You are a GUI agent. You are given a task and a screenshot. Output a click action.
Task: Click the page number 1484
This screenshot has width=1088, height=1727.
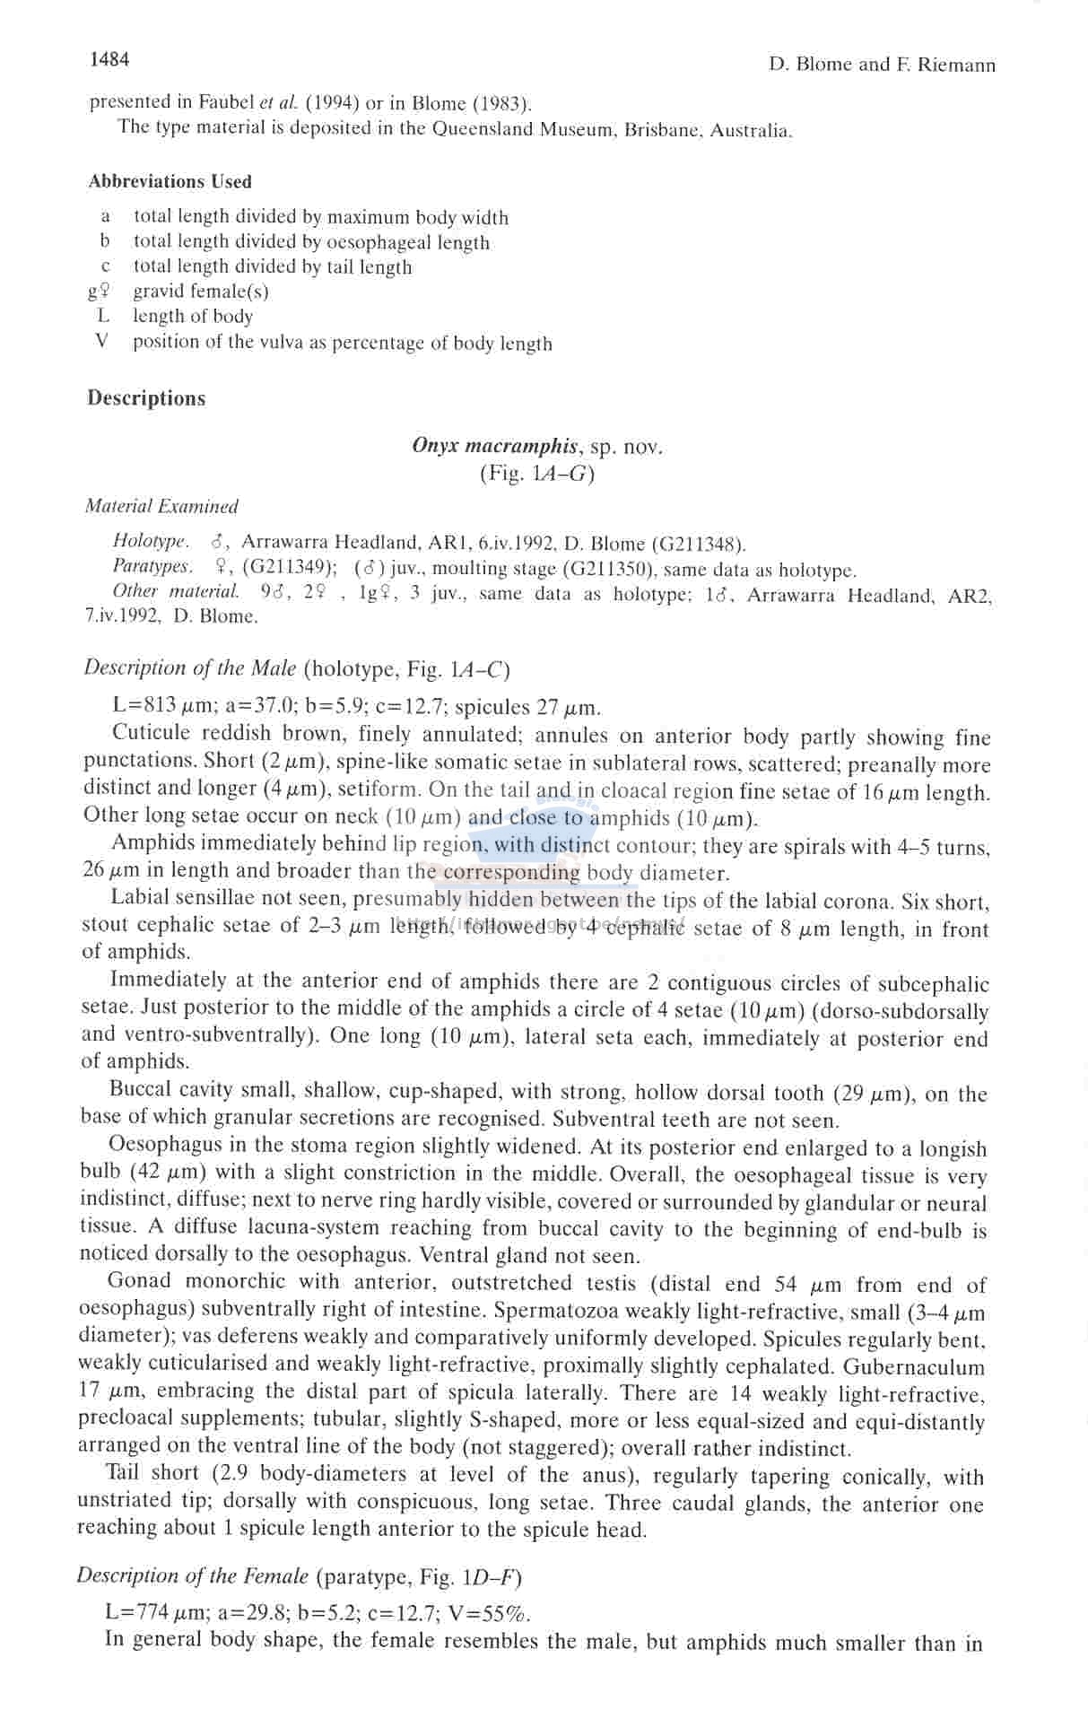109,59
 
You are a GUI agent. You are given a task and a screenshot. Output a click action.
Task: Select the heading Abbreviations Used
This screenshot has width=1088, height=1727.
170,181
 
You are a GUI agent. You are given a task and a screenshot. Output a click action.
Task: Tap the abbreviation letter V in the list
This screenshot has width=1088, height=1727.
102,341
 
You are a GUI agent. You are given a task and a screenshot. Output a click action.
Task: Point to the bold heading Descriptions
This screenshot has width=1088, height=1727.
146,398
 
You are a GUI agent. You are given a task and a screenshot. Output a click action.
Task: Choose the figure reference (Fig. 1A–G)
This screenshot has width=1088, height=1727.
536,473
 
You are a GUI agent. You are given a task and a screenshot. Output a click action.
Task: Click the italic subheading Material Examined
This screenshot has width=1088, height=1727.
161,506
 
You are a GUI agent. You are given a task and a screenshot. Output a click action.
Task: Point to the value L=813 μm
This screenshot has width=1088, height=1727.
145,705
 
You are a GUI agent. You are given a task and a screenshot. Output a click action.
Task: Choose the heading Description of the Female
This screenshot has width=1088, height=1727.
192,1575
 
